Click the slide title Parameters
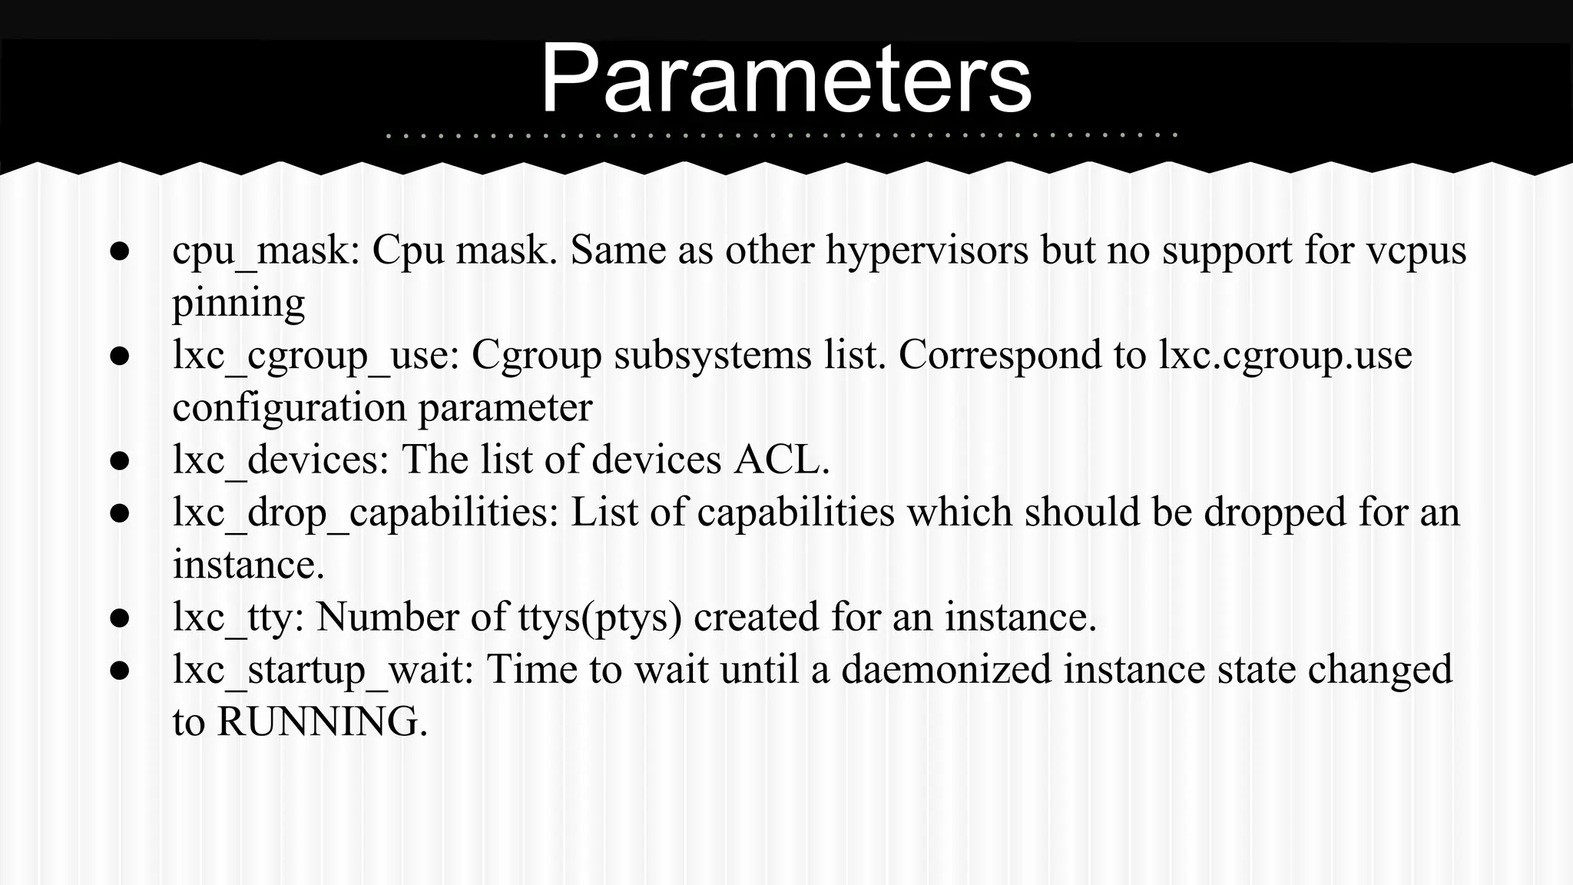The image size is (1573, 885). point(786,79)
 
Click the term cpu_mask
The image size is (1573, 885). point(260,250)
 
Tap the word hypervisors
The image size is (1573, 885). point(926,250)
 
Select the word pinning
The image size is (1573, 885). point(238,303)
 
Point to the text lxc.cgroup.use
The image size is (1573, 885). point(1284,356)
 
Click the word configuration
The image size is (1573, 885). point(289,407)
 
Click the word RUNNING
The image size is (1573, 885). point(317,722)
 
